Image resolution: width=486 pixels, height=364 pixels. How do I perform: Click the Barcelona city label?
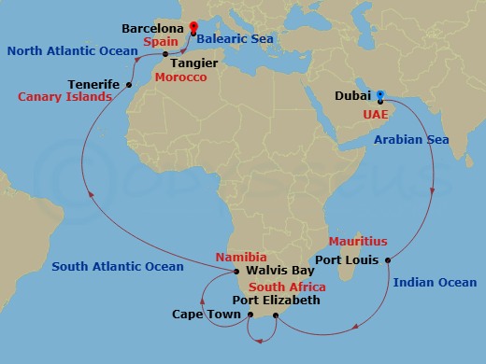click(x=150, y=29)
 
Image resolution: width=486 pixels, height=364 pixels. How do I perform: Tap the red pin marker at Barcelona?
click(x=193, y=28)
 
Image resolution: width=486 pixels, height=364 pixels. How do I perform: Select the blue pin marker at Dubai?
click(x=380, y=95)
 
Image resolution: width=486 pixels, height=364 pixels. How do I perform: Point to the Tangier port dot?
click(x=165, y=53)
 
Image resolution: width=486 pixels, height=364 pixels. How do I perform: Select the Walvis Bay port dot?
click(x=236, y=272)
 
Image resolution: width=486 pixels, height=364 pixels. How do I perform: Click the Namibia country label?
click(x=241, y=257)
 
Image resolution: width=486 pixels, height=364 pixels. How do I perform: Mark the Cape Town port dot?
click(x=250, y=315)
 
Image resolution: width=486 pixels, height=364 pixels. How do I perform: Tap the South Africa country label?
click(x=287, y=287)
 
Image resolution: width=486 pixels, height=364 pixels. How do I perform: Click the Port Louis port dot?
click(x=387, y=259)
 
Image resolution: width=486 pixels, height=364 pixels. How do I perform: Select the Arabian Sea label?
click(x=411, y=140)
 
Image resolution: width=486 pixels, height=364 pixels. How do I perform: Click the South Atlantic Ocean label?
click(x=118, y=267)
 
